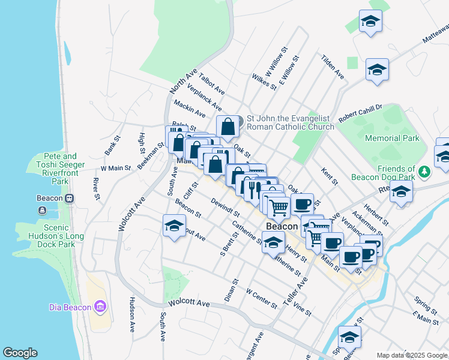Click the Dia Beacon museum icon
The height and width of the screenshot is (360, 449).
point(100,308)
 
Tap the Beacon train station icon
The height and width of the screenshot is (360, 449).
point(70,198)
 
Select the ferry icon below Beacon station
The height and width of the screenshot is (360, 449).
point(42,211)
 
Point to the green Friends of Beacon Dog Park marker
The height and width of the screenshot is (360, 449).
point(425,172)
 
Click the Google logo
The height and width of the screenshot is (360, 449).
point(20,353)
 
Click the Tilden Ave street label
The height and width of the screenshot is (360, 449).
point(333,67)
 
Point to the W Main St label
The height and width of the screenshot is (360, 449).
point(116,169)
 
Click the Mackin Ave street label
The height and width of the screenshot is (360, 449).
point(190,109)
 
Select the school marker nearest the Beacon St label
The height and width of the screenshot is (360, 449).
point(174,226)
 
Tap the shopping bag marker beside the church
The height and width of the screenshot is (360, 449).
point(228,127)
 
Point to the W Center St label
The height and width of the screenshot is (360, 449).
point(262,298)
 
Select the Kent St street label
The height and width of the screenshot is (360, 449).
point(331,176)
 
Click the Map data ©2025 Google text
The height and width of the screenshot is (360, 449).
point(412,355)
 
